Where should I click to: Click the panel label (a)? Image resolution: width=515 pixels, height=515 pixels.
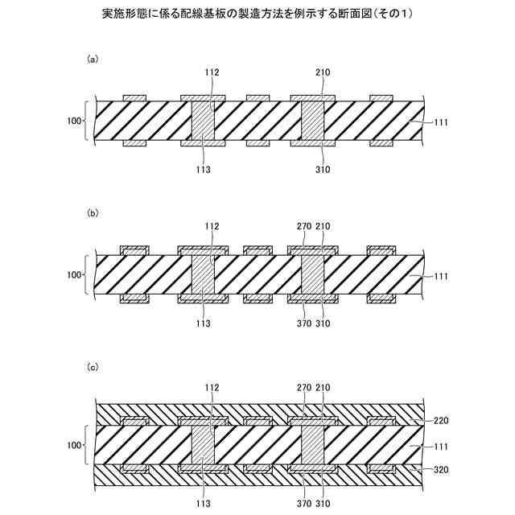pyautogui.click(x=93, y=59)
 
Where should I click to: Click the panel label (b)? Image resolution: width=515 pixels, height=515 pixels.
pyautogui.click(x=93, y=213)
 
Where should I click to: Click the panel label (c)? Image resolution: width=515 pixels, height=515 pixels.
pyautogui.click(x=93, y=367)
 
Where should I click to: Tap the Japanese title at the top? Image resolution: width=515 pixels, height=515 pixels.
pyautogui.click(x=257, y=14)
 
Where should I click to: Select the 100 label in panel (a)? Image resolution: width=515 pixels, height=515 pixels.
pyautogui.click(x=75, y=122)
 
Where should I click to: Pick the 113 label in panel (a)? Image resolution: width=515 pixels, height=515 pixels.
pyautogui.click(x=203, y=170)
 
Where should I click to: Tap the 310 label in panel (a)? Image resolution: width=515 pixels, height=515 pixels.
pyautogui.click(x=322, y=170)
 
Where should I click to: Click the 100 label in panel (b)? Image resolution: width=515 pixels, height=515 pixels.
pyautogui.click(x=75, y=275)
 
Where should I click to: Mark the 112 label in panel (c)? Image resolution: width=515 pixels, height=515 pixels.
pyautogui.click(x=212, y=387)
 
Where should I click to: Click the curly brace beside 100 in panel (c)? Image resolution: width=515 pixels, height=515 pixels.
pyautogui.click(x=85, y=444)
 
